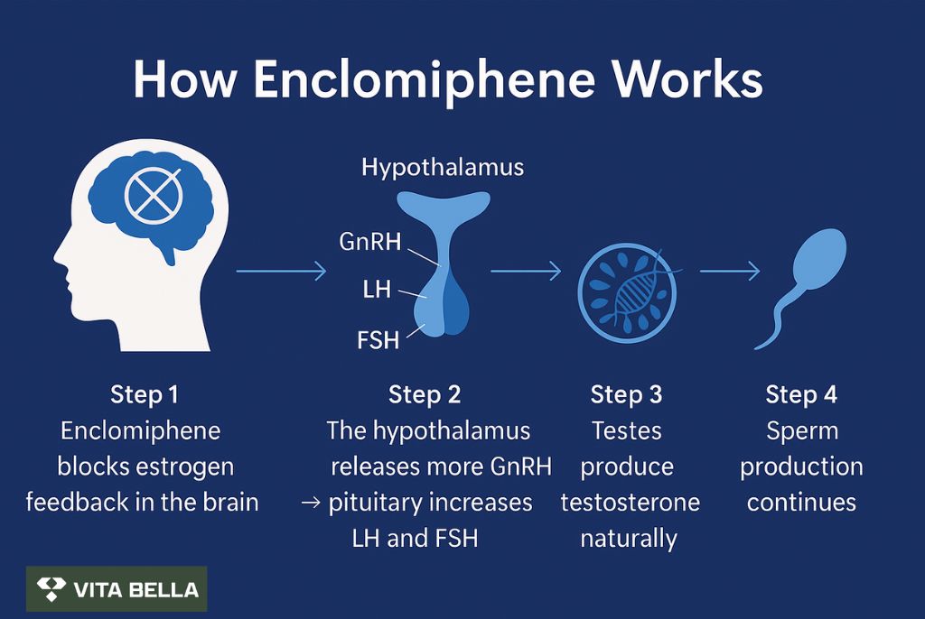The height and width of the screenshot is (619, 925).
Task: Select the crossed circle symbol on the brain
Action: point(153,195)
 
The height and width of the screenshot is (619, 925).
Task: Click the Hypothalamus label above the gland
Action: point(443,168)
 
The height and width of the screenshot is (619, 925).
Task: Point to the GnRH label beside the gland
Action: point(369,242)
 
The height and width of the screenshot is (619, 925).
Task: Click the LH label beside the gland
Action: point(377,290)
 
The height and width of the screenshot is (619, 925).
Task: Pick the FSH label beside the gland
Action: point(378,340)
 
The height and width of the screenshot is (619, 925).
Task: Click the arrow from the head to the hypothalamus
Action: point(282,271)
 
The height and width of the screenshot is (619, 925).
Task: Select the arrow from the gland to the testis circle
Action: point(526,271)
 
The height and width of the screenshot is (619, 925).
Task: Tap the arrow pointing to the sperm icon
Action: point(730,271)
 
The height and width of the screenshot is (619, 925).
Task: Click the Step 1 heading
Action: point(144,394)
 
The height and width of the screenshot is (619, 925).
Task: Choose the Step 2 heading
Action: point(425,394)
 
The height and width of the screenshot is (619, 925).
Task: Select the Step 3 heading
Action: point(627,394)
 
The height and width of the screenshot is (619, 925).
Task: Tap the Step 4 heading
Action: point(801,394)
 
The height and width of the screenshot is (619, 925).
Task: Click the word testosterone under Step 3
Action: point(630,503)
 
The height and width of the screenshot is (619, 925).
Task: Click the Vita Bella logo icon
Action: point(51,589)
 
